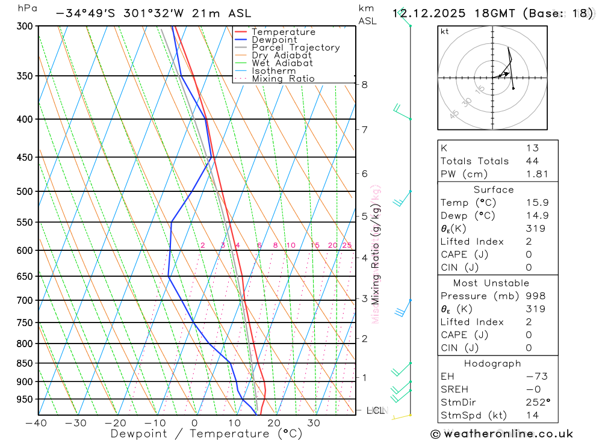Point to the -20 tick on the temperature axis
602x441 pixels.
pyautogui.click(x=116, y=423)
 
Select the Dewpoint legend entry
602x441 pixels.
pyautogui.click(x=274, y=40)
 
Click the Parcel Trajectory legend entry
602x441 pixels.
pyautogui.click(x=295, y=48)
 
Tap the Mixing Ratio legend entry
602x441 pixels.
pyautogui.click(x=282, y=79)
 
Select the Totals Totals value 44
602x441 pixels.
pyautogui.click(x=532, y=161)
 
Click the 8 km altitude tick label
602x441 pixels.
pyautogui.click(x=364, y=85)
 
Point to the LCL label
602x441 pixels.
pyautogui.click(x=374, y=410)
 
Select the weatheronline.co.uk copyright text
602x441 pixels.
pyautogui.click(x=501, y=434)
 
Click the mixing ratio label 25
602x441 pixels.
pyautogui.click(x=347, y=245)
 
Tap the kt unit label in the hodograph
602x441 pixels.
pyautogui.click(x=444, y=31)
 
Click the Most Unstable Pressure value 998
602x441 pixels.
pyautogui.click(x=535, y=296)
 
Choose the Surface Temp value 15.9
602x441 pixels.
pyautogui.click(x=537, y=203)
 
